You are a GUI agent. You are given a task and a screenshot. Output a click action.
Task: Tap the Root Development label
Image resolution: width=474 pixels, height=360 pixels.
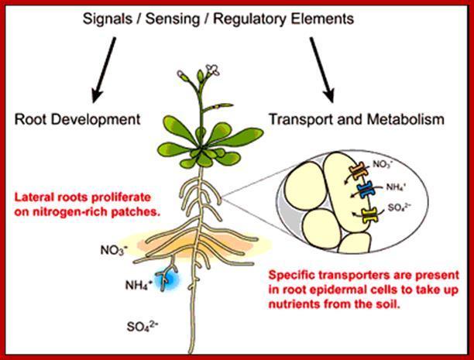pos(77,119)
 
